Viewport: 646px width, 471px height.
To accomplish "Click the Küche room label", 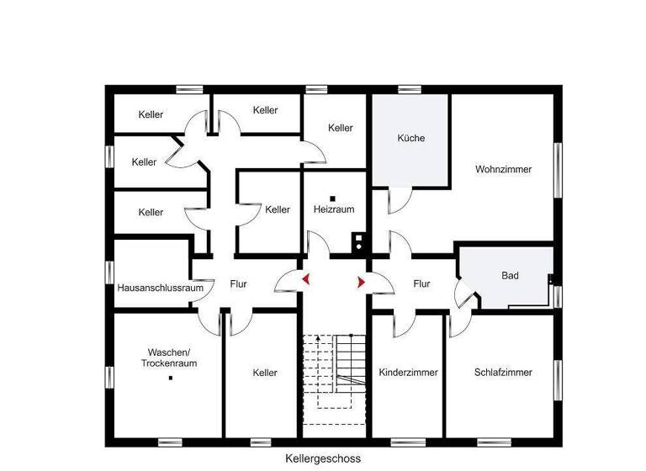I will [411, 138].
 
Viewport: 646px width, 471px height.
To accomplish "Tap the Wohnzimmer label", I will [503, 169].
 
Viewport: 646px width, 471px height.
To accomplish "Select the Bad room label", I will [510, 275].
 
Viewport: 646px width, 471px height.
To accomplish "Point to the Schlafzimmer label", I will [503, 372].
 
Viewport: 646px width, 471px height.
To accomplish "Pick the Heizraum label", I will [334, 208].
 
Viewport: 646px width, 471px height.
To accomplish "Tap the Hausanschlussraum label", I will [161, 287].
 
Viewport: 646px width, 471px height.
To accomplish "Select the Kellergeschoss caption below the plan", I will [323, 459].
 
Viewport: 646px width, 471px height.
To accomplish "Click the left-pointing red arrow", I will [307, 279].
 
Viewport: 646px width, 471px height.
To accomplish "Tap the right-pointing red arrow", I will [361, 283].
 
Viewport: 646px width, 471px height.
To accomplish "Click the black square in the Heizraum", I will [333, 197].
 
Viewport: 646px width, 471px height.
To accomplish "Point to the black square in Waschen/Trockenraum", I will [170, 378].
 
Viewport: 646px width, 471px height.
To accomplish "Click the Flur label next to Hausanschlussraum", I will [238, 284].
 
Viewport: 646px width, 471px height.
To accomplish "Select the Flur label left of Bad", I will [421, 284].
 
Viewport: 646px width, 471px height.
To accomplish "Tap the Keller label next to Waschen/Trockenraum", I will [265, 373].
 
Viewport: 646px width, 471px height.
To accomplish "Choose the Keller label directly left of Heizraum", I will [278, 209].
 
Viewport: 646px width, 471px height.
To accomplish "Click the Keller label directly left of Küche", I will [341, 128].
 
